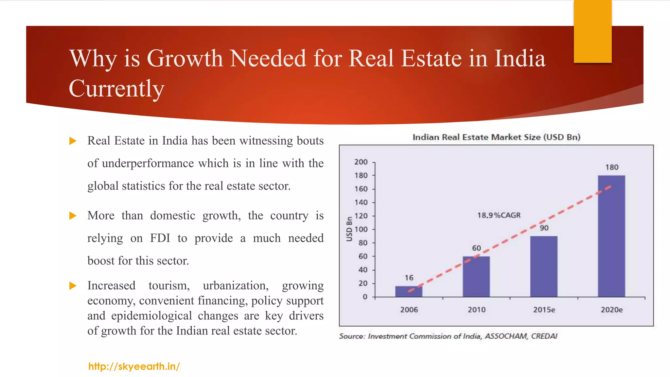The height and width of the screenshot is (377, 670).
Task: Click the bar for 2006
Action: (409, 292)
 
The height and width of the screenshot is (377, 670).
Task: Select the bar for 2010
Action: (476, 277)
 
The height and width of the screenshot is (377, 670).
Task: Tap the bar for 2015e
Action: (544, 266)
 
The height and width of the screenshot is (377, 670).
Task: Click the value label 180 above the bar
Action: (611, 167)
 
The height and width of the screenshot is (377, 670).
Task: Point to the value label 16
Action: (409, 278)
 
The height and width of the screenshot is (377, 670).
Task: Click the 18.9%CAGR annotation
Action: (499, 215)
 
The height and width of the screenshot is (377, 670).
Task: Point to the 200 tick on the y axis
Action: (361, 162)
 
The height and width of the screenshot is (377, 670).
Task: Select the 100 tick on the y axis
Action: (361, 229)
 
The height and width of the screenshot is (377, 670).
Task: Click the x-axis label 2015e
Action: (544, 310)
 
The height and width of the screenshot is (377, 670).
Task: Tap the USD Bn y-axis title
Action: (349, 229)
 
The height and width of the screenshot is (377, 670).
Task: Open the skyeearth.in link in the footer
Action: (134, 366)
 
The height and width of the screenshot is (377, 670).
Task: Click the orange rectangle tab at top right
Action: (592, 31)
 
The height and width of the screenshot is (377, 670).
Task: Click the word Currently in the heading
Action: (116, 88)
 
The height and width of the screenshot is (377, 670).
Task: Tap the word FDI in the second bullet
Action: (160, 238)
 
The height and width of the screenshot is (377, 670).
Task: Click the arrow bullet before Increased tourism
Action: (73, 286)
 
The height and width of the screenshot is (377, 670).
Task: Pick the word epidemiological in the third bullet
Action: (151, 315)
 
